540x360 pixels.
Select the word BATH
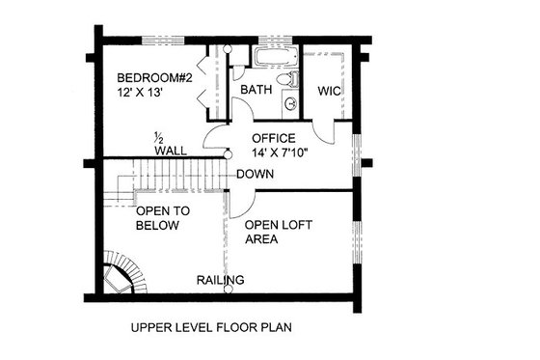click(256, 90)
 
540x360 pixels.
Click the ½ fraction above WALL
click(160, 138)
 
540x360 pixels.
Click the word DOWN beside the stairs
click(255, 175)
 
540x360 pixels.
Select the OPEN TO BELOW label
click(163, 217)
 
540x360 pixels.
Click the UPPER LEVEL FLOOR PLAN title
click(212, 326)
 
